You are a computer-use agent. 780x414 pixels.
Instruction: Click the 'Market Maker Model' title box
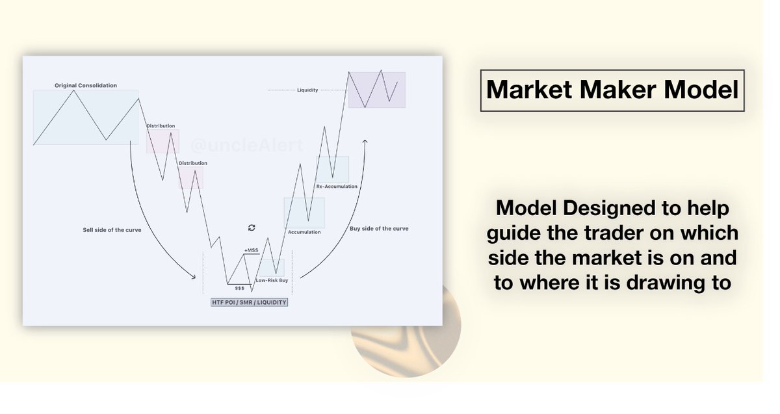(612, 90)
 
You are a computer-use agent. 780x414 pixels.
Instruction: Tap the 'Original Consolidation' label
(86, 85)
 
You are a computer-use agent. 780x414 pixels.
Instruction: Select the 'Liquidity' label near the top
(307, 90)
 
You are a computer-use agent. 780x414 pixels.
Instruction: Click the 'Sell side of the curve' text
(112, 230)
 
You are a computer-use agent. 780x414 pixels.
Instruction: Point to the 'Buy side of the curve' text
(379, 228)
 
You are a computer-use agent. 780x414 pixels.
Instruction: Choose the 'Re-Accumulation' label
(337, 187)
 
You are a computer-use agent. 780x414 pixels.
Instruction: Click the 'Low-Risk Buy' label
(272, 280)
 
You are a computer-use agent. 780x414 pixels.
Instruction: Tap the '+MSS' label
(251, 250)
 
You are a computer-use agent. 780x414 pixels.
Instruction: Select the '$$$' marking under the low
(240, 288)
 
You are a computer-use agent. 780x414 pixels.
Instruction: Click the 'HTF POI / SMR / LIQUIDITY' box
(250, 302)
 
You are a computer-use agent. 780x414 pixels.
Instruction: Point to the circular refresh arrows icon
(252, 227)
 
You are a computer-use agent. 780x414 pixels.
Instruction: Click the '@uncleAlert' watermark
(247, 145)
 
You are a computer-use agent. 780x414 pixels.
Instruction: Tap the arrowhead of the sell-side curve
(193, 277)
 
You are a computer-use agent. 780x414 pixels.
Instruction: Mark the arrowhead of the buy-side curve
(365, 142)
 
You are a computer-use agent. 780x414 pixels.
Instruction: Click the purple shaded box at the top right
(377, 90)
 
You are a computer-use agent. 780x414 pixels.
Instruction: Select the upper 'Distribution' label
(161, 125)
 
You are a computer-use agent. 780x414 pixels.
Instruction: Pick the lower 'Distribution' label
(193, 163)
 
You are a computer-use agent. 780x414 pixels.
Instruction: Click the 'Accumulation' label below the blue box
(304, 232)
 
